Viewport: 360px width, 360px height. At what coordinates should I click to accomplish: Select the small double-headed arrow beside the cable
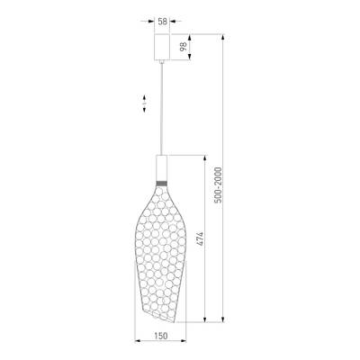(x=143, y=104)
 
